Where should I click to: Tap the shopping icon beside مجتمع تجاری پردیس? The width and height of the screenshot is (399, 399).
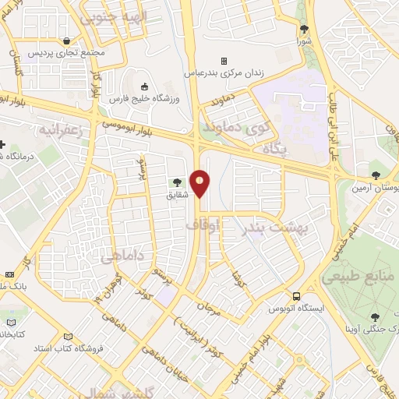click(69, 41)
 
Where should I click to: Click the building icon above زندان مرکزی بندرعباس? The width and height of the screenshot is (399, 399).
click(224, 60)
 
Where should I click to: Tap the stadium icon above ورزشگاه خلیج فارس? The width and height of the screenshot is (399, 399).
click(144, 87)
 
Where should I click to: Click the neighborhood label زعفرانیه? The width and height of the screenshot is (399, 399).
click(51, 129)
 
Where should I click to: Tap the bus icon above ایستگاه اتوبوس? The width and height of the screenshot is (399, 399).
click(296, 296)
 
